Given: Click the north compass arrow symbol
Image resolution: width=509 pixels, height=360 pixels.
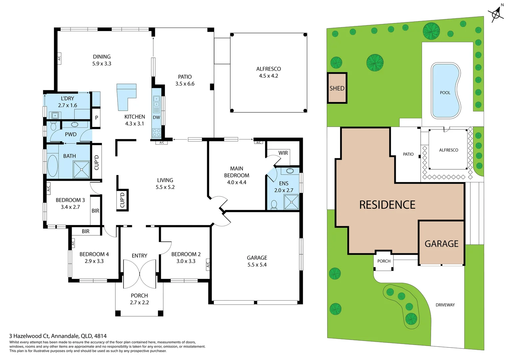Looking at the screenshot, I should coord(496,14).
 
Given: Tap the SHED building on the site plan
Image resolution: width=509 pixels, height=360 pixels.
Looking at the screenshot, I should coord(337,88).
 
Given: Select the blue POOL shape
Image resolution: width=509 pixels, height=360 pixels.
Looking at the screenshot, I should coord(445,91).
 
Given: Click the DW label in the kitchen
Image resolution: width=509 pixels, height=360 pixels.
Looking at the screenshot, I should coord(157,117).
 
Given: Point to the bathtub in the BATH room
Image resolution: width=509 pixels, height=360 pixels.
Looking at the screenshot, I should coord(52,165).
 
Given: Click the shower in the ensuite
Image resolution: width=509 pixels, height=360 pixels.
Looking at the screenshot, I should coord(291,202).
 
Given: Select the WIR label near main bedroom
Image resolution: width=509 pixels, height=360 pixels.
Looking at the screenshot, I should coord(283,153).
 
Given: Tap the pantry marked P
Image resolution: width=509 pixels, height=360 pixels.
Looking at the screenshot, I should coord(96,117).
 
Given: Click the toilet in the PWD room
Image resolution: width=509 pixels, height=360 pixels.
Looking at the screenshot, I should coord(53,126).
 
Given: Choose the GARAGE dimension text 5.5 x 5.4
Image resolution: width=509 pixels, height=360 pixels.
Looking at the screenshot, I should coord(257,265).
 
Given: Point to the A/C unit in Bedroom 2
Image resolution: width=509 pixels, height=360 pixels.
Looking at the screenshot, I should coord(208,264).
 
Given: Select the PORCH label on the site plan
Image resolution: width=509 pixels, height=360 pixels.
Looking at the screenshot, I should coord(384,261).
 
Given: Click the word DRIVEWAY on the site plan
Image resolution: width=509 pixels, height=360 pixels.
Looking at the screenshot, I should coord(445,305).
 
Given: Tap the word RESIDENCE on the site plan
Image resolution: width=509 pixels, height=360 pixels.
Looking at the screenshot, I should coord(387,205).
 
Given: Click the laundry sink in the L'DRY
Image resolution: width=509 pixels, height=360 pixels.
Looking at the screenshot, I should coord(55,116).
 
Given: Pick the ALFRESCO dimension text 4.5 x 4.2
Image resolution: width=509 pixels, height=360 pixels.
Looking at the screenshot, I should coord(268,76).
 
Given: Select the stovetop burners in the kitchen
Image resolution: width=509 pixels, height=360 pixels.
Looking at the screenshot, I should coord(157,133).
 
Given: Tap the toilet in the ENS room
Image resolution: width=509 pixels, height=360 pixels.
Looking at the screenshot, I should coord(274,205).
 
